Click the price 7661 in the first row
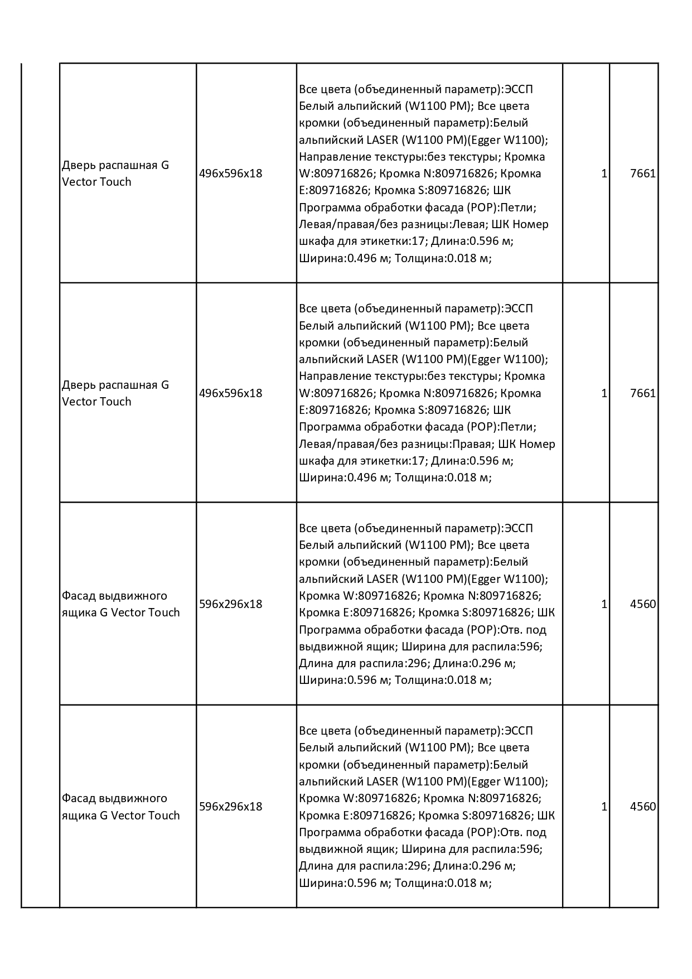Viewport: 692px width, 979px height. [x=642, y=173]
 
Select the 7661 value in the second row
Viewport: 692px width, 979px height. [x=642, y=393]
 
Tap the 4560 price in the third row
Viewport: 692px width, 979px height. [x=642, y=604]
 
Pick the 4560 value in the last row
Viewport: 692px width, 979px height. [x=642, y=807]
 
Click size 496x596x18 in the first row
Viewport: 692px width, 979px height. [x=230, y=173]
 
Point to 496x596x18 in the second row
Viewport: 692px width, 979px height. [x=230, y=393]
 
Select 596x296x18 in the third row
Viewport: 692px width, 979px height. [x=230, y=604]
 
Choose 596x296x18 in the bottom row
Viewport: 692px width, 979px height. [x=230, y=807]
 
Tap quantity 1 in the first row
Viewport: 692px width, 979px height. [x=604, y=173]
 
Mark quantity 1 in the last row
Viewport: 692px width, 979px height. [x=604, y=807]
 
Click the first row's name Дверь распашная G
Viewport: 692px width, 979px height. [x=115, y=166]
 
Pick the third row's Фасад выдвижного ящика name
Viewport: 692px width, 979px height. [x=120, y=604]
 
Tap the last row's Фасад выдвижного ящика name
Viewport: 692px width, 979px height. [x=120, y=807]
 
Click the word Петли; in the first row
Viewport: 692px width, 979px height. [x=518, y=208]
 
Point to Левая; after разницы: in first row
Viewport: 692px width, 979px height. [x=472, y=224]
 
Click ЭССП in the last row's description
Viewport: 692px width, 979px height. [x=518, y=731]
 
